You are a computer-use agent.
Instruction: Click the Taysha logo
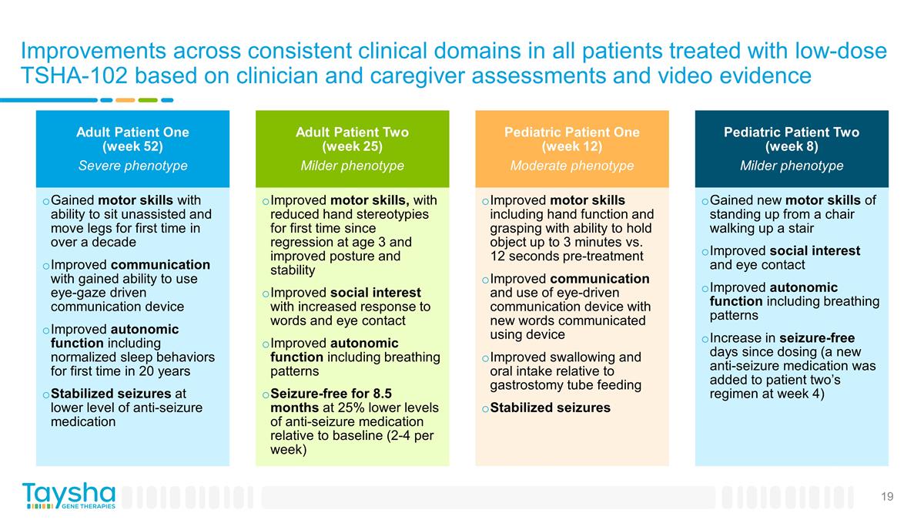[69, 495]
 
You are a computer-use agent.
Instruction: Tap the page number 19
[887, 497]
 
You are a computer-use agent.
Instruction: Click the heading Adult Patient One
[132, 133]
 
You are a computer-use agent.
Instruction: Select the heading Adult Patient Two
[352, 133]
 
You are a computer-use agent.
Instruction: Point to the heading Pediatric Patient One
[571, 133]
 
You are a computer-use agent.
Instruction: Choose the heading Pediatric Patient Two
[791, 133]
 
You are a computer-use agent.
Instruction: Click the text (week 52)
[132, 146]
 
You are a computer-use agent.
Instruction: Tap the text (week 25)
[352, 146]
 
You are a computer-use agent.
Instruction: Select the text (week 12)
[571, 146]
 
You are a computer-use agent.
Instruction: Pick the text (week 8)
[791, 146]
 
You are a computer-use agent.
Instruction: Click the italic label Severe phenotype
[132, 166]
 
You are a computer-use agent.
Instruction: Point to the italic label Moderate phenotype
[571, 166]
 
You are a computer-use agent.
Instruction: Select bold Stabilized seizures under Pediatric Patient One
[550, 408]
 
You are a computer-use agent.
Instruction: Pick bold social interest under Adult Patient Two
[375, 293]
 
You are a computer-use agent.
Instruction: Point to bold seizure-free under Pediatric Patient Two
[816, 338]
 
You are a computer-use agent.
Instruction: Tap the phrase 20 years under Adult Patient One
[166, 371]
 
